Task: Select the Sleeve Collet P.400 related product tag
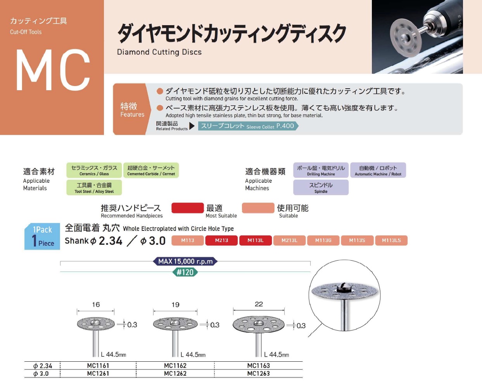coord(248,126)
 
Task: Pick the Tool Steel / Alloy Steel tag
coord(94,187)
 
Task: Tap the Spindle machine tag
coord(321,187)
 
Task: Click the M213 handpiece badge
coord(221,240)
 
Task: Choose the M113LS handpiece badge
coord(391,240)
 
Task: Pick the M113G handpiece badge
coord(323,240)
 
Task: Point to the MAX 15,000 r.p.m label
coord(185,261)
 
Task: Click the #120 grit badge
coord(185,272)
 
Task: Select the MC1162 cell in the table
coord(175,366)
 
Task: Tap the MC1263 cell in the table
coord(258,374)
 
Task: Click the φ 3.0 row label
coord(41,374)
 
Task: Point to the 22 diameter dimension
coord(259,304)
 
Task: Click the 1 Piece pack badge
coord(42,237)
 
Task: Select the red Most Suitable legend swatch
coord(187,208)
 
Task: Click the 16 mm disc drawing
coord(95,324)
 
